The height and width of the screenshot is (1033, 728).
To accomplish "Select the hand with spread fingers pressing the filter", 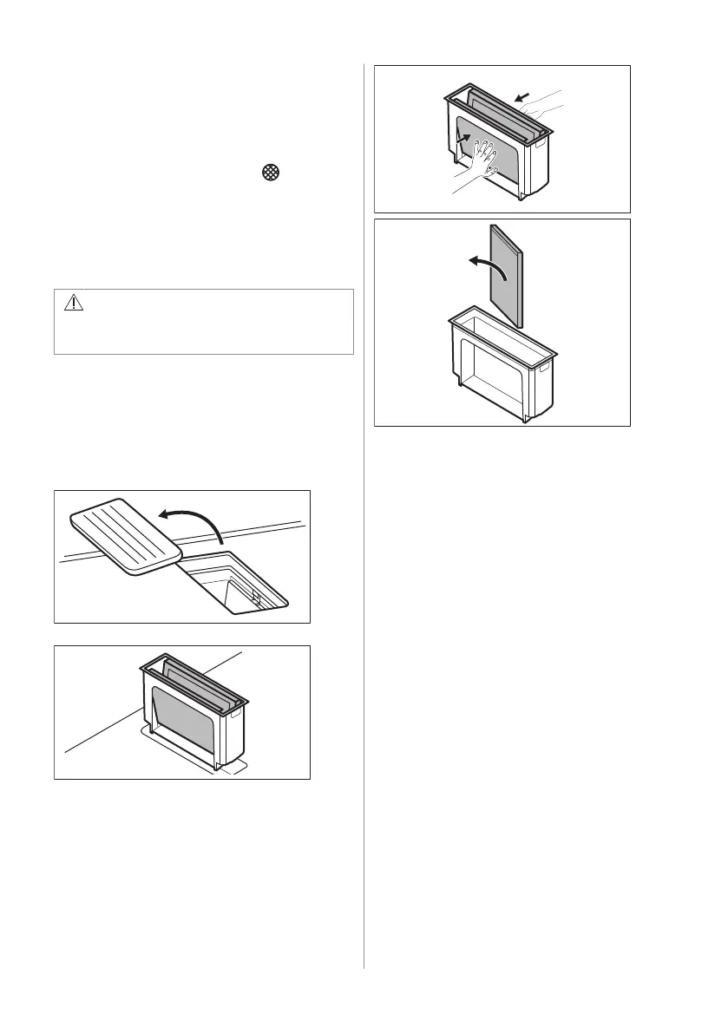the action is click(x=479, y=163).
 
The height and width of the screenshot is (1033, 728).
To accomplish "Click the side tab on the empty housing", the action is click(x=547, y=368).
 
